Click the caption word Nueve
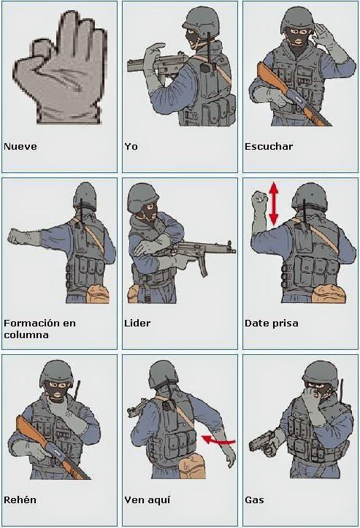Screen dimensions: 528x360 pyautogui.click(x=20, y=146)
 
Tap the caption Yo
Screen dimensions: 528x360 pyautogui.click(x=131, y=146)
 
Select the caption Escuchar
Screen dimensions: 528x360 pyautogui.click(x=268, y=146)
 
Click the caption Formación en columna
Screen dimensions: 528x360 pyautogui.click(x=39, y=329)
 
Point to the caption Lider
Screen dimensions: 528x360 pyautogui.click(x=137, y=323)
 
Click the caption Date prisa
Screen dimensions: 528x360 pyautogui.click(x=271, y=323)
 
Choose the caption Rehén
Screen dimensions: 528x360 pyautogui.click(x=20, y=500)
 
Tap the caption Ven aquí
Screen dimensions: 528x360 pyautogui.click(x=147, y=500)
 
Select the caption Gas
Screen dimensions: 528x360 pyautogui.click(x=254, y=500)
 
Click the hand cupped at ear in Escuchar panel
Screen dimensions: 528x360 pyautogui.click(x=323, y=32)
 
